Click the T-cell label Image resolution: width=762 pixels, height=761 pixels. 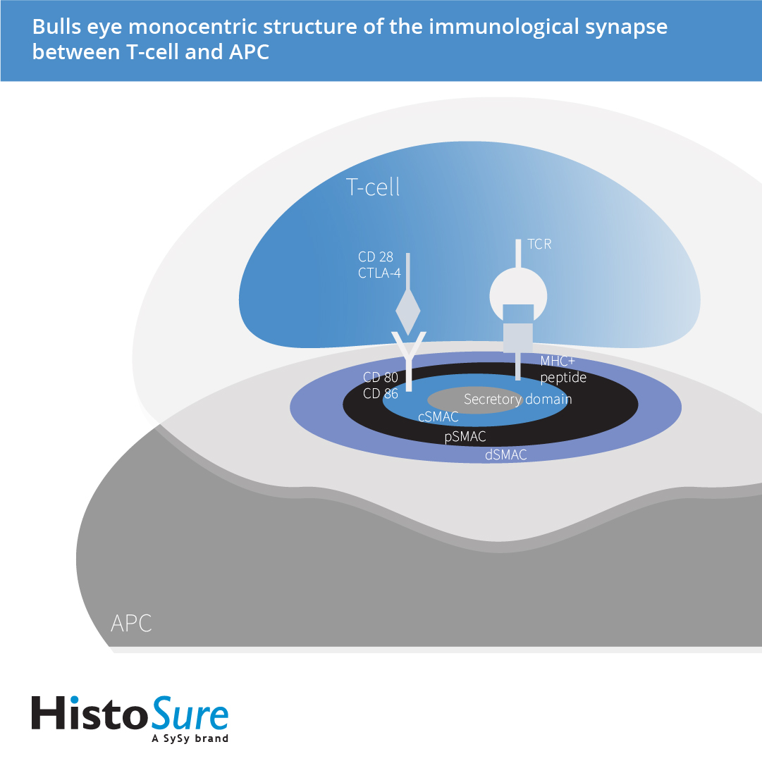[x=372, y=187]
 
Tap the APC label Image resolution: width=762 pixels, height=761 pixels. [x=131, y=623]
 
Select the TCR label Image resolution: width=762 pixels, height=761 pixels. [x=539, y=245]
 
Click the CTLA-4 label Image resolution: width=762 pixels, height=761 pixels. [x=380, y=273]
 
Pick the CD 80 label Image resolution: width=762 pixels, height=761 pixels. [x=381, y=378]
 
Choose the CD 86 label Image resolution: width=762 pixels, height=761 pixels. [x=381, y=394]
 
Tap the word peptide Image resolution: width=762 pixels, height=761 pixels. [x=563, y=378]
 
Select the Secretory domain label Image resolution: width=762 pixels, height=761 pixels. [x=517, y=400]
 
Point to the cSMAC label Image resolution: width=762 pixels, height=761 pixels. [x=438, y=417]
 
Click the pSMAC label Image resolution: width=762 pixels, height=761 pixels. [x=465, y=437]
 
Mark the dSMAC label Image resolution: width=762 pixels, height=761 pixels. [x=506, y=455]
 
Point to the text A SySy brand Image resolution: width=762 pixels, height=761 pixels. [x=190, y=739]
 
